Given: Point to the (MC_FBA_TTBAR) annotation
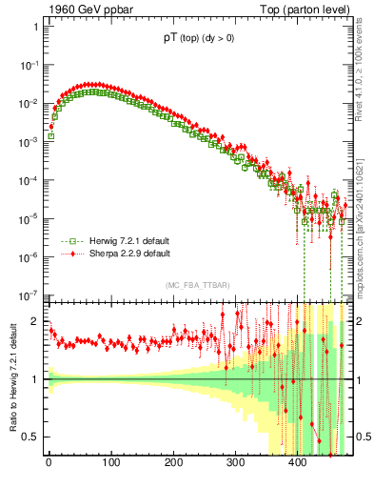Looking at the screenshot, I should (195, 286).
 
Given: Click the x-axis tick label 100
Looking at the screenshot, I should (110, 464).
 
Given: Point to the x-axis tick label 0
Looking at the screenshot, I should (49, 464).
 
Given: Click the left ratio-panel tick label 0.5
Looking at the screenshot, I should (29, 437).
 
